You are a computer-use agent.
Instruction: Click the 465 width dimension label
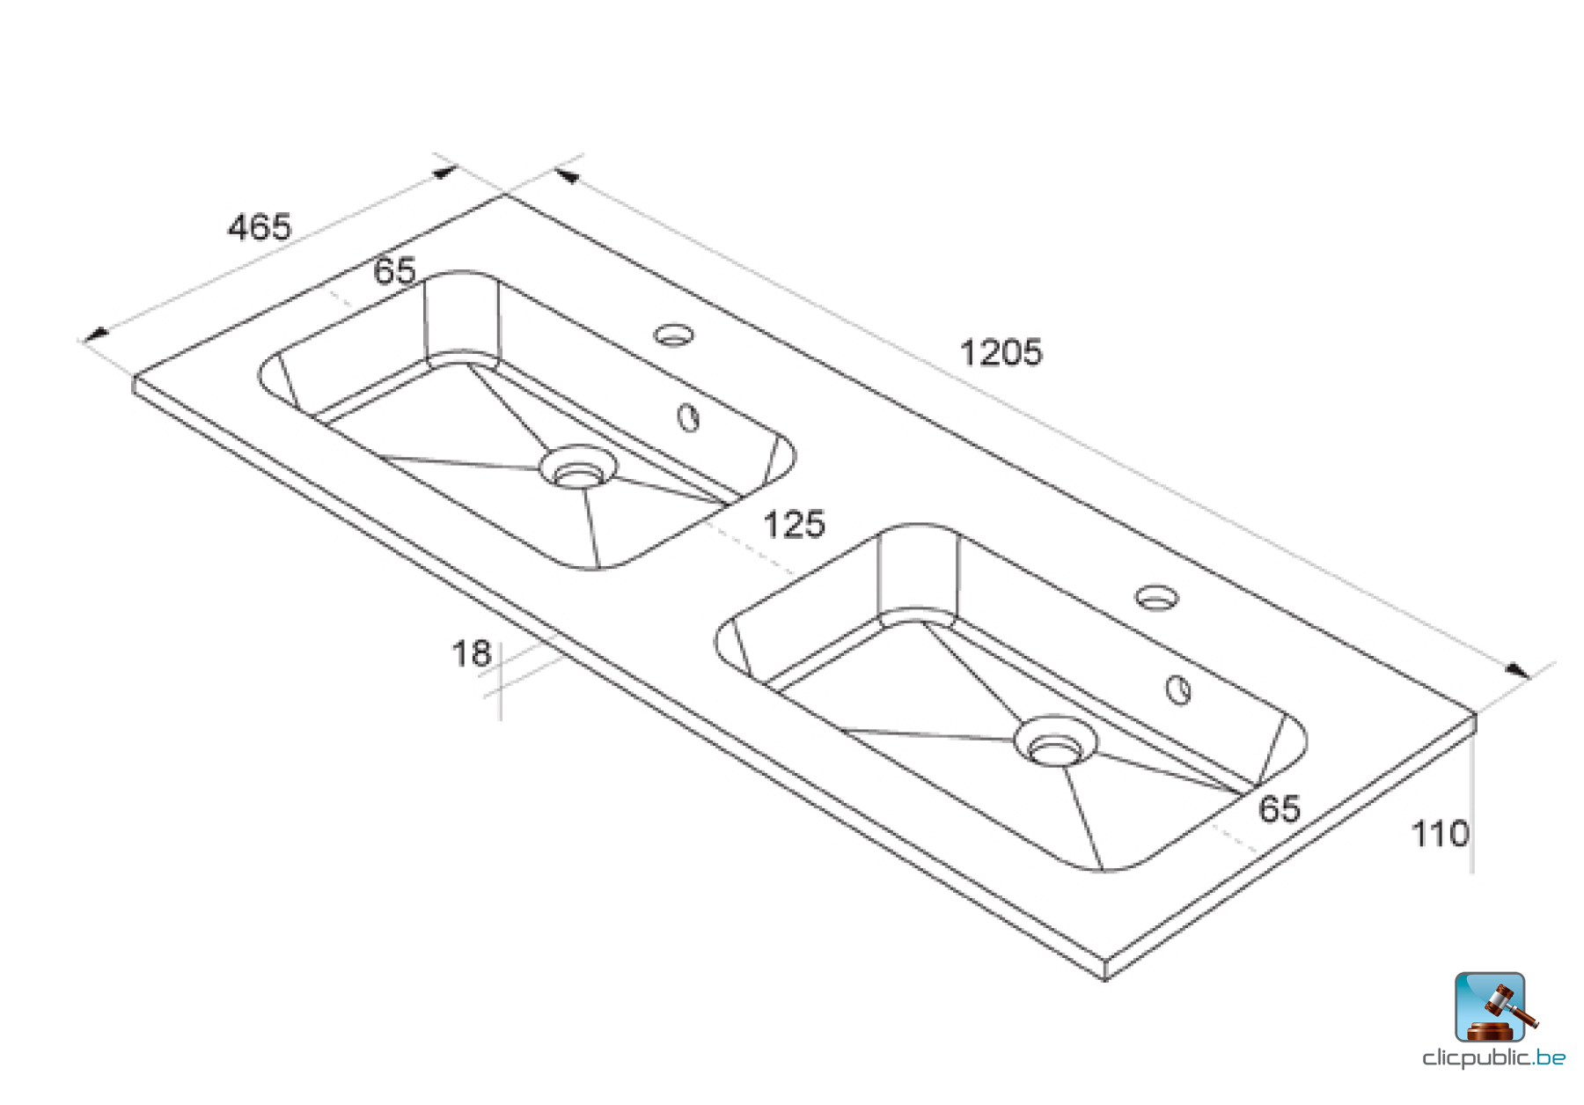click(x=259, y=227)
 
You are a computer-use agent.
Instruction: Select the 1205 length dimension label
click(x=1001, y=353)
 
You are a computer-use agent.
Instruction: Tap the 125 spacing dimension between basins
click(x=794, y=525)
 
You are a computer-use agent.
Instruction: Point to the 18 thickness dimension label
click(x=471, y=654)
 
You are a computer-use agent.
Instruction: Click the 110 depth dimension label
click(x=1440, y=834)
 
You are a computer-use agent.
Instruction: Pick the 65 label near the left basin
click(x=394, y=270)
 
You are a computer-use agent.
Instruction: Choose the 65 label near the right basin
click(x=1279, y=809)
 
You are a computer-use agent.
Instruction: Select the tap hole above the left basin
click(x=674, y=335)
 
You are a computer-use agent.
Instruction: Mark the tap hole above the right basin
click(x=1156, y=598)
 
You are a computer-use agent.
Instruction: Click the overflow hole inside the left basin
click(x=688, y=417)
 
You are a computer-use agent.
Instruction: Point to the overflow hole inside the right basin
click(x=1178, y=689)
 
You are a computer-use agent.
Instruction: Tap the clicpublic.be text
click(x=1493, y=1058)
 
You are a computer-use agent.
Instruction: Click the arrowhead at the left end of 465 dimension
click(x=95, y=335)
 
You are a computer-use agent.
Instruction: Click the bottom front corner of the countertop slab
click(x=1105, y=977)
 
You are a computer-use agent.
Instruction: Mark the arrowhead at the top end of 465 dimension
click(x=445, y=173)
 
